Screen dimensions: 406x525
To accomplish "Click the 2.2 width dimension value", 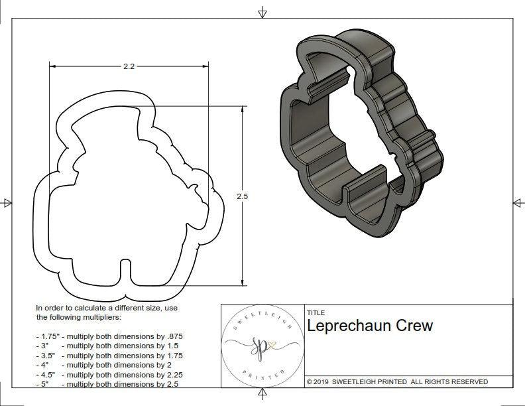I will [129, 66].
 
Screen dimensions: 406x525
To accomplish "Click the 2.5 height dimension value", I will [241, 196].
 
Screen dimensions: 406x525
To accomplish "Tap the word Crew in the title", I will [414, 326].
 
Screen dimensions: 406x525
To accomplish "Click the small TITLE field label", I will [316, 312].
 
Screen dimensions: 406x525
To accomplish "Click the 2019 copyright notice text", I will [397, 381].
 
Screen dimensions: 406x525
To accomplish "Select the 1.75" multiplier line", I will [109, 336].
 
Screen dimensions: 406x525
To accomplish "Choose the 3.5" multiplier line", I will [109, 355].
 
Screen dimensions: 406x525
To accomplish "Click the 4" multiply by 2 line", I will [103, 364].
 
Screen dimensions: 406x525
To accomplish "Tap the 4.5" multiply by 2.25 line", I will [109, 373].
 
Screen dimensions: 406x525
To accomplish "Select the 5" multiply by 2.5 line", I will [107, 383].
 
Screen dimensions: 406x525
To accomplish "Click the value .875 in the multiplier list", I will [174, 336].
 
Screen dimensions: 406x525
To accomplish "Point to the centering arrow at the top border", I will [262, 12].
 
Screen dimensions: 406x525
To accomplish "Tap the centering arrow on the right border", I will [518, 202].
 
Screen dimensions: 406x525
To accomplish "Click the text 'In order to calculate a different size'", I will [107, 308].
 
